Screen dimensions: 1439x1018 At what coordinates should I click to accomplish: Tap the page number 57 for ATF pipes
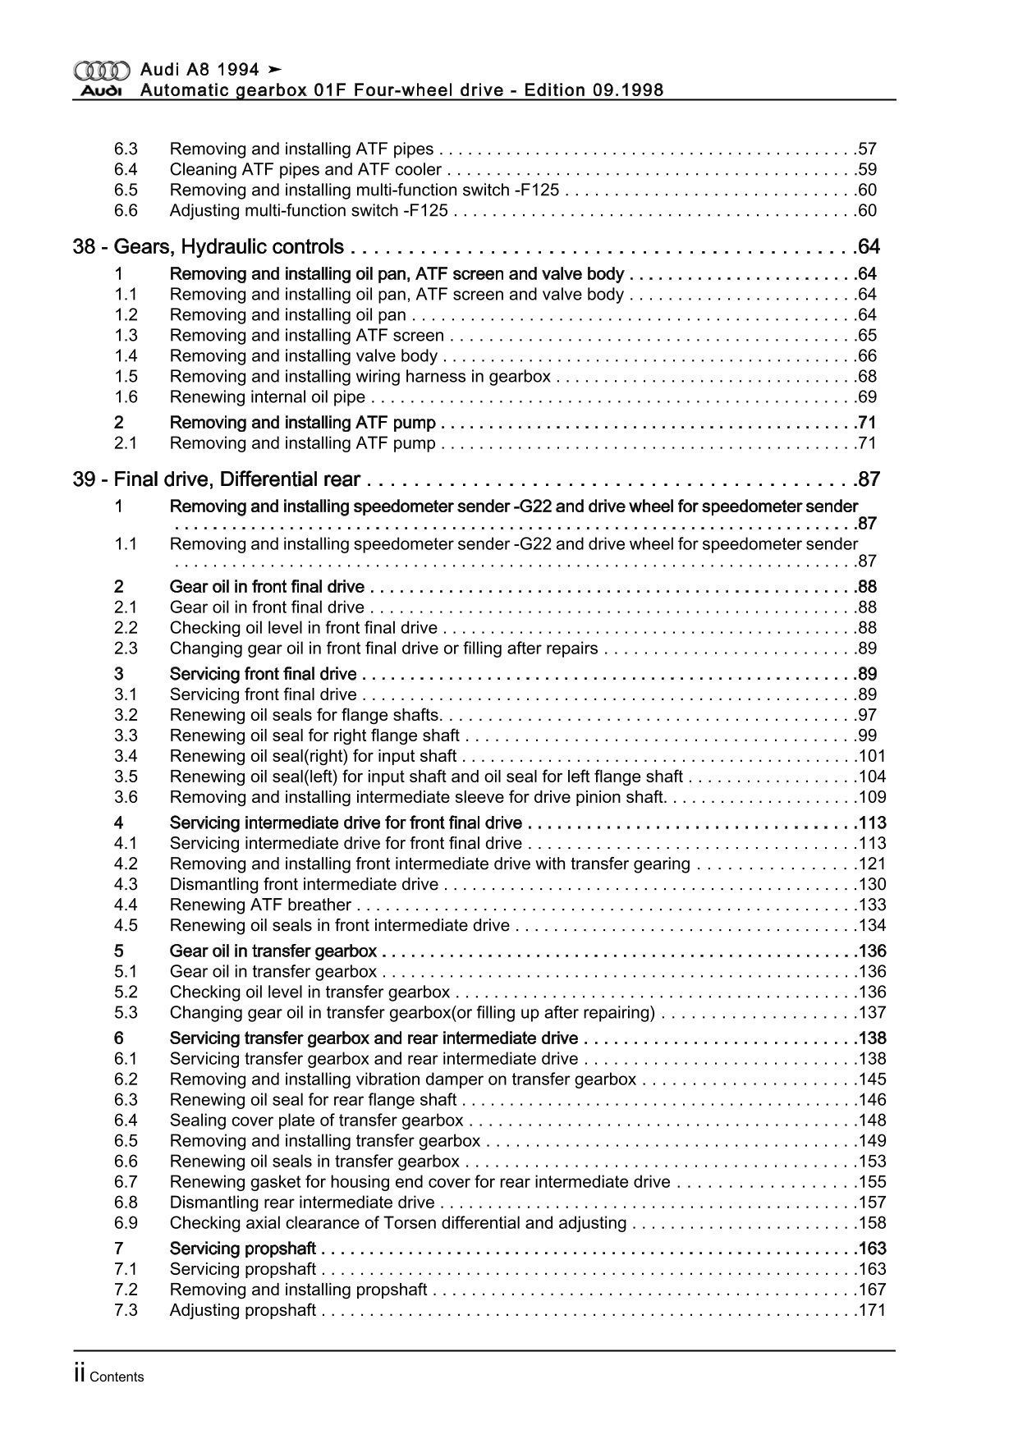pyautogui.click(x=867, y=149)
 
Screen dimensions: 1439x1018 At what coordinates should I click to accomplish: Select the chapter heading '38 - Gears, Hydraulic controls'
pyautogui.click(x=209, y=247)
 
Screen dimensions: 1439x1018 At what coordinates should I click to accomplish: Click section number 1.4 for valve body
pyautogui.click(x=126, y=356)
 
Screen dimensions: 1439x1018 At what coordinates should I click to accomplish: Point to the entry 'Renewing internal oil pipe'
pyautogui.click(x=267, y=397)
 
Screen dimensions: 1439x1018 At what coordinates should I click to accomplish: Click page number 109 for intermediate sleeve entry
pyautogui.click(x=872, y=798)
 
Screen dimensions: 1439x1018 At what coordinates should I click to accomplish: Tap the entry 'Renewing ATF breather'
pyautogui.click(x=260, y=905)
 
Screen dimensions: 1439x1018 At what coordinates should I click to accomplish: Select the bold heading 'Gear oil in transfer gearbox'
pyautogui.click(x=273, y=951)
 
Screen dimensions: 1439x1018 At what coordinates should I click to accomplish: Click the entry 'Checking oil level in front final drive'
pyautogui.click(x=303, y=628)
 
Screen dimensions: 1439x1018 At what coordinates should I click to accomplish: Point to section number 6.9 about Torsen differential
pyautogui.click(x=126, y=1223)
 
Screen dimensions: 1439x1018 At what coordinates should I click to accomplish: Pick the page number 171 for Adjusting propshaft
pyautogui.click(x=872, y=1310)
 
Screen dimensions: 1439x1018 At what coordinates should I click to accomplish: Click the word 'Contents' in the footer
pyautogui.click(x=117, y=1377)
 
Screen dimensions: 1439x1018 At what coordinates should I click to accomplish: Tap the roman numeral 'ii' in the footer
pyautogui.click(x=79, y=1376)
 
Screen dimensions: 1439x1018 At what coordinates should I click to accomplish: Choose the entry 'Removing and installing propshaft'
pyautogui.click(x=298, y=1290)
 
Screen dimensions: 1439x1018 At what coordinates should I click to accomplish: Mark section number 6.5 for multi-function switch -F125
pyautogui.click(x=126, y=190)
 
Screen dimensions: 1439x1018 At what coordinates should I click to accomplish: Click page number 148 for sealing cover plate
pyautogui.click(x=872, y=1120)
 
